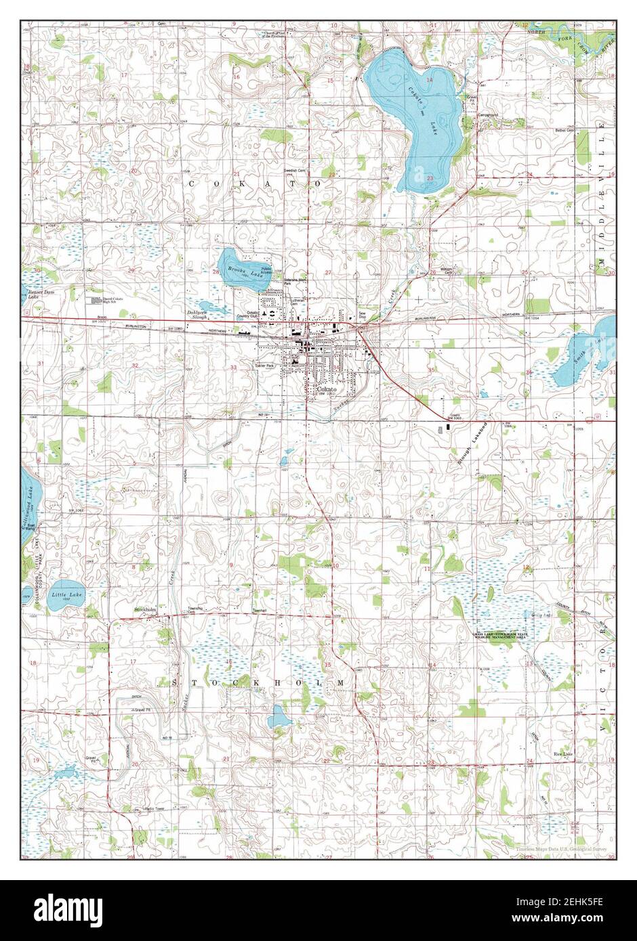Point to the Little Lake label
point(65,595)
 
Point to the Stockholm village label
point(145,609)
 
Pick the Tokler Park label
point(265,366)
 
